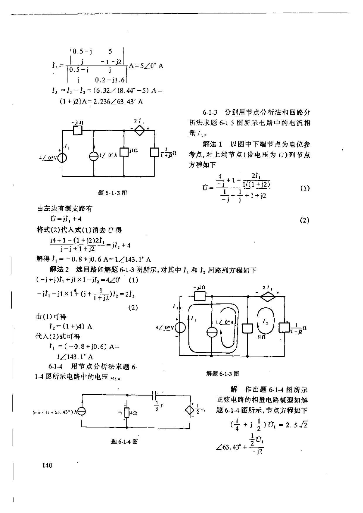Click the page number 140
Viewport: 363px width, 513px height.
coord(47,465)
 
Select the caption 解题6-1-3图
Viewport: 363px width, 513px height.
coord(222,373)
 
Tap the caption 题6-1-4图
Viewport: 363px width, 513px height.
coord(124,441)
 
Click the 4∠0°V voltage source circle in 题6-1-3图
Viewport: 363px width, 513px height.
coord(62,158)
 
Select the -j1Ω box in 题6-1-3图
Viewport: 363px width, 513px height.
coord(77,130)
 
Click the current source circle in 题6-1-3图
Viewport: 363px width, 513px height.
coord(94,156)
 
